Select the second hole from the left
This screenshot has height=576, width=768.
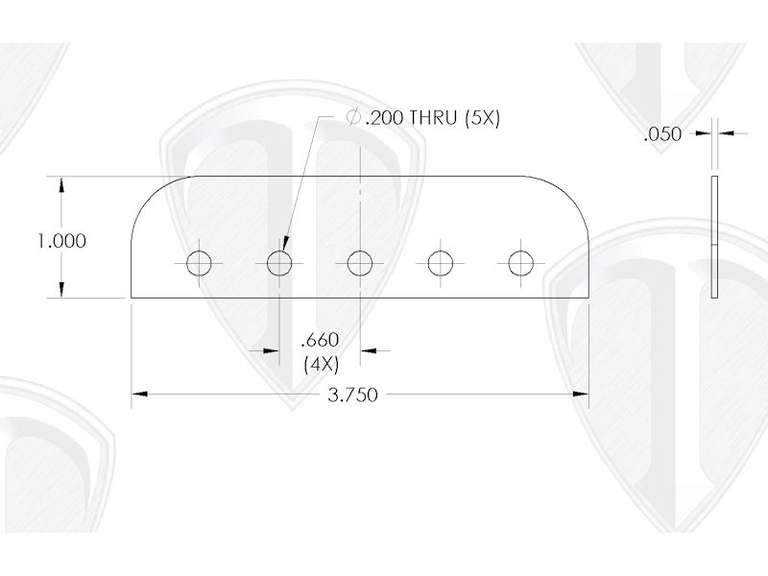point(279,262)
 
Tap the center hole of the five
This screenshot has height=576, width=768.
point(360,262)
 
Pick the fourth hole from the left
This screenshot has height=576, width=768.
point(441,262)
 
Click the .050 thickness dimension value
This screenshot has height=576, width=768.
point(662,135)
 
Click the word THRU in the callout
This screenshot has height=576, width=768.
point(433,118)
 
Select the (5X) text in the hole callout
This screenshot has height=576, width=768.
point(483,118)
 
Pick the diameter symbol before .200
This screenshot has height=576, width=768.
point(352,118)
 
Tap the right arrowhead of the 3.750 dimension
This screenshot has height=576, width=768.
point(581,394)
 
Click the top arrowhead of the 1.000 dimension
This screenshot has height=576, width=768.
point(62,183)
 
